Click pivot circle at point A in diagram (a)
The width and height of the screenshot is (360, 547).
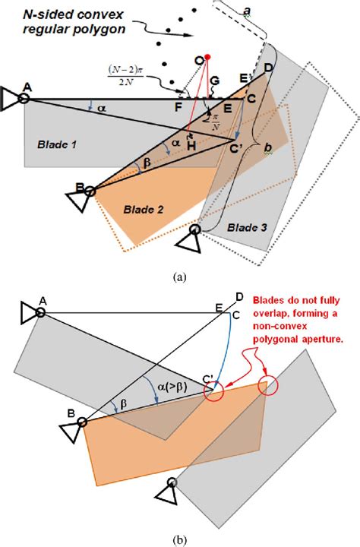(x=25, y=98)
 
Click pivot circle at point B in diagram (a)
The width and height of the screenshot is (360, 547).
(x=90, y=191)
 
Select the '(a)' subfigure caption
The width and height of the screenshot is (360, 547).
(x=180, y=279)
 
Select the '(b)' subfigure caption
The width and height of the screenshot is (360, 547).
(x=180, y=540)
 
